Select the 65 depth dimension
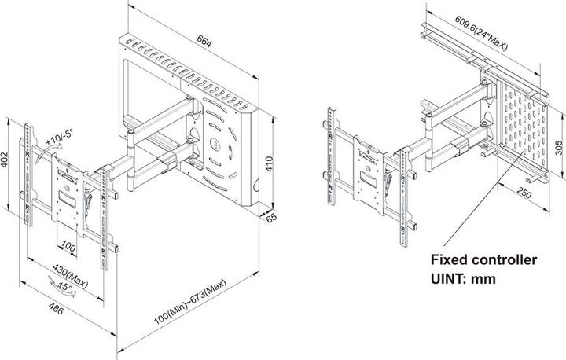[273, 218]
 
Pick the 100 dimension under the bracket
[70, 248]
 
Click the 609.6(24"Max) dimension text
[480, 33]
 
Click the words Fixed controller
[484, 259]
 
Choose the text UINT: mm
[464, 277]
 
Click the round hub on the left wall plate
[215, 145]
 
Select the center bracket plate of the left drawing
[70, 188]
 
